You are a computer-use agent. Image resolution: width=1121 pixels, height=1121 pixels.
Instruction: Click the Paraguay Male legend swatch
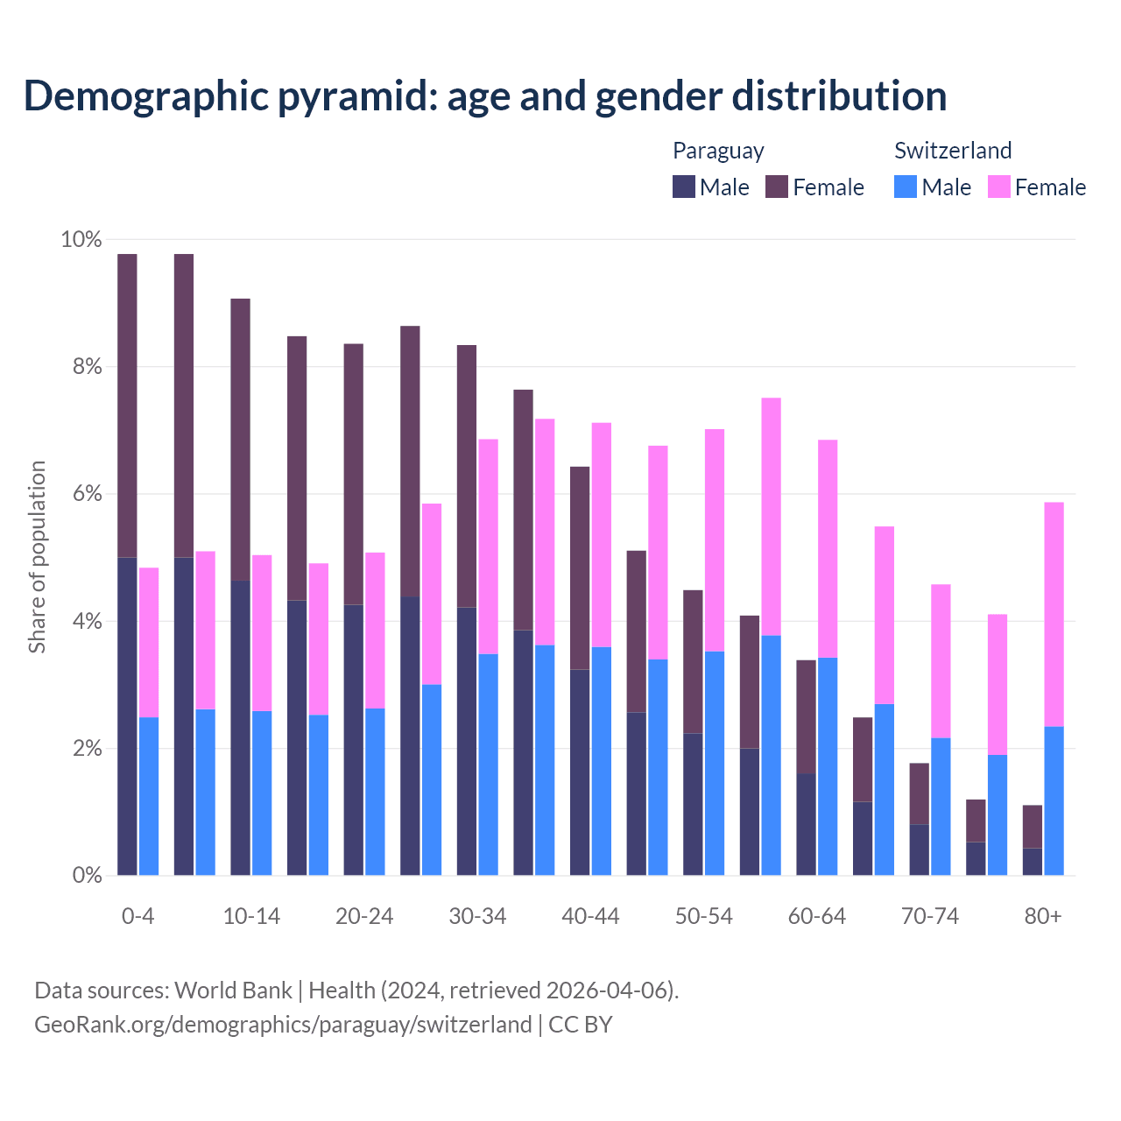[683, 187]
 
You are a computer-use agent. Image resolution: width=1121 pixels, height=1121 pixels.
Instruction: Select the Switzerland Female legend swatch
[998, 187]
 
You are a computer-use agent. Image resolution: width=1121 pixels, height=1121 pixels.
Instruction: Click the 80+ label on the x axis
[1043, 916]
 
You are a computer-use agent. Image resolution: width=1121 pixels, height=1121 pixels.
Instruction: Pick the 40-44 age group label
[590, 916]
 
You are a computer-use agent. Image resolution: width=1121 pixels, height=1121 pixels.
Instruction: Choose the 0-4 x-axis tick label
[137, 916]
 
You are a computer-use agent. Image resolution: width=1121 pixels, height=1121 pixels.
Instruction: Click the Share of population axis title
[38, 557]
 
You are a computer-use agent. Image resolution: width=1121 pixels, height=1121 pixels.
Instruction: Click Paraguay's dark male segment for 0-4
[127, 716]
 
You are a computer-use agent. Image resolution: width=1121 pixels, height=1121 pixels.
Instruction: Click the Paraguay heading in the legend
[718, 151]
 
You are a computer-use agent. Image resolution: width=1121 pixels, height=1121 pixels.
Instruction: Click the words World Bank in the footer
[233, 991]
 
